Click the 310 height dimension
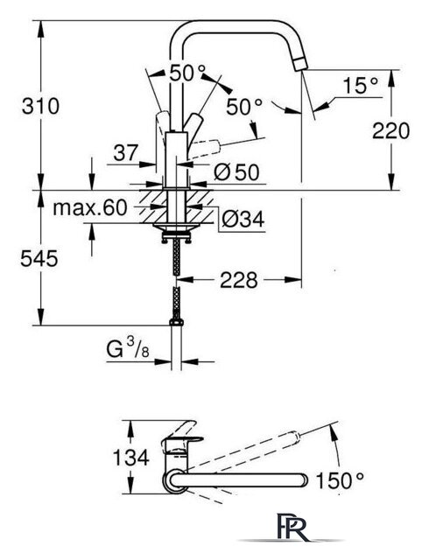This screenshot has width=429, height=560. [40, 107]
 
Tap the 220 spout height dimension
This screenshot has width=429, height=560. [390, 130]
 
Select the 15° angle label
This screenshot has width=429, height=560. [361, 86]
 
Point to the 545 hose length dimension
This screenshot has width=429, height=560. [39, 258]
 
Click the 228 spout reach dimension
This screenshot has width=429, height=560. [238, 280]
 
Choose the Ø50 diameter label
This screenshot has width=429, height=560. [236, 173]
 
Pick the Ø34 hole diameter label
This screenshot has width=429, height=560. [243, 219]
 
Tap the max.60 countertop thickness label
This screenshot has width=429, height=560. [89, 207]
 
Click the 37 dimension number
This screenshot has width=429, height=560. [125, 153]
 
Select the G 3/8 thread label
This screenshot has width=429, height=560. [128, 349]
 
